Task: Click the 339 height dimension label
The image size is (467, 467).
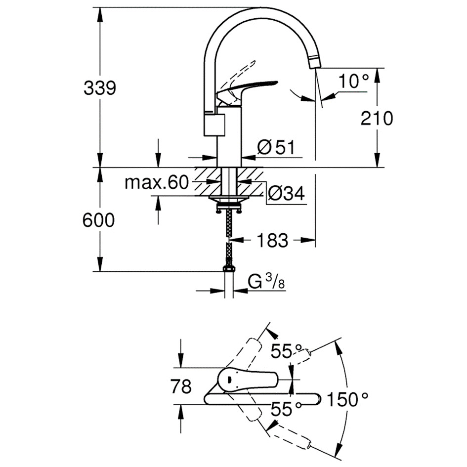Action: (100, 88)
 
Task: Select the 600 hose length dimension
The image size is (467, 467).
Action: (98, 220)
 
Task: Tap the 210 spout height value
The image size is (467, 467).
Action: (377, 118)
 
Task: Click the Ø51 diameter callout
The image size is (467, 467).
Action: (276, 147)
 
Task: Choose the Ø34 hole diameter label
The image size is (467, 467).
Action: (286, 193)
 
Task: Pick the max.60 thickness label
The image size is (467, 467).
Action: (157, 182)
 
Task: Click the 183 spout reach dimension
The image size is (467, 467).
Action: (272, 240)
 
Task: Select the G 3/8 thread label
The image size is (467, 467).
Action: (266, 282)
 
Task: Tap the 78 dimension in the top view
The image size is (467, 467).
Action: (181, 386)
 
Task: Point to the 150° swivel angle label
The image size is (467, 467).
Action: (347, 399)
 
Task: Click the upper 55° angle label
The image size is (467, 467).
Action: (286, 351)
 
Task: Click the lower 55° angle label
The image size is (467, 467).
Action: (286, 409)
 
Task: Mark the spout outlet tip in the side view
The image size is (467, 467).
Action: (315, 63)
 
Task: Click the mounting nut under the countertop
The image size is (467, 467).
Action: (229, 206)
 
